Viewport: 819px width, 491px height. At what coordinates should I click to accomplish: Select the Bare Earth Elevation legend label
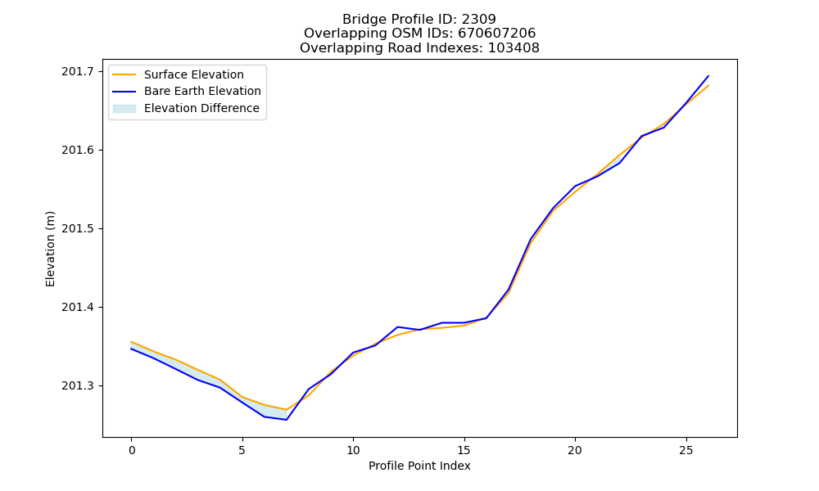[x=202, y=91]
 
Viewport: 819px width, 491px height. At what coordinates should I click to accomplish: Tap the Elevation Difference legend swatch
[x=124, y=109]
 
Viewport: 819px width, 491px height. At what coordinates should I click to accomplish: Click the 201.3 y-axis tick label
[x=79, y=386]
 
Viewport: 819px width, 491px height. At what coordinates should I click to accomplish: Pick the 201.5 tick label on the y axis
[x=79, y=228]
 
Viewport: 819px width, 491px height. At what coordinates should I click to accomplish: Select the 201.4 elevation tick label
[x=79, y=308]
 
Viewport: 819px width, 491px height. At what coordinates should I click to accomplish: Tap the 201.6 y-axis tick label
[x=79, y=151]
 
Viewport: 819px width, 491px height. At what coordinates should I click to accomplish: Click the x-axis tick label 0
[x=131, y=450]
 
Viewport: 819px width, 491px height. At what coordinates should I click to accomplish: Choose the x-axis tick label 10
[x=353, y=450]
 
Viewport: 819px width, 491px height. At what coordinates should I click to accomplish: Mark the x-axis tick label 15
[x=464, y=450]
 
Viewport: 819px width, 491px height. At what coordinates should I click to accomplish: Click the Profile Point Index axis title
[x=419, y=466]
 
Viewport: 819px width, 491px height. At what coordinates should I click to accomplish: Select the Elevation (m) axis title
[x=50, y=249]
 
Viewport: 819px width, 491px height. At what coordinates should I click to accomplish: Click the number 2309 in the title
[x=478, y=20]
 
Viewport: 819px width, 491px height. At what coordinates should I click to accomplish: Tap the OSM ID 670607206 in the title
[x=497, y=34]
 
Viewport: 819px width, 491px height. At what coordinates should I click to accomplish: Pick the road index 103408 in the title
[x=514, y=48]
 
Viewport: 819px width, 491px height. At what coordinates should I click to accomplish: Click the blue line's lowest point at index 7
[x=286, y=420]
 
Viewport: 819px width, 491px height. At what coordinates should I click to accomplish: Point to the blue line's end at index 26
[x=708, y=76]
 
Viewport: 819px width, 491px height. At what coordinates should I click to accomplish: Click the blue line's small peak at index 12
[x=397, y=327]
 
